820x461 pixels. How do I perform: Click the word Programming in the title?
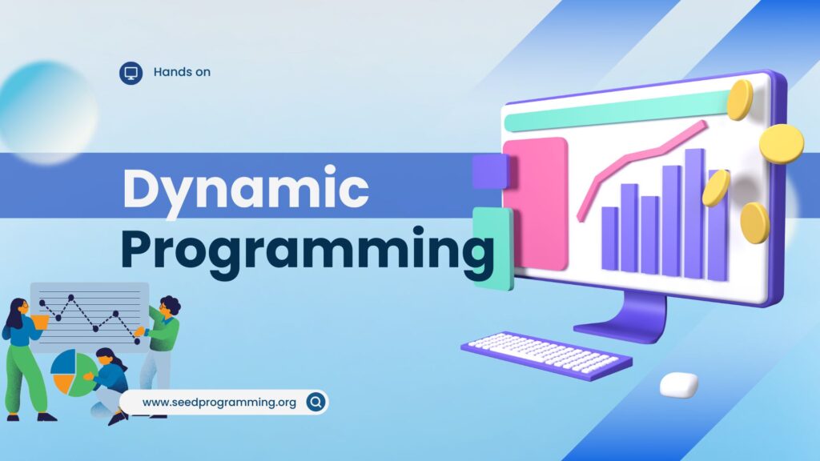pos(307,250)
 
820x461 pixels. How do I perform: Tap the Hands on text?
pos(182,72)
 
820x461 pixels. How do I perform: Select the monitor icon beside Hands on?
pos(131,73)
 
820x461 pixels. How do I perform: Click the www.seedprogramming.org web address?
pos(219,403)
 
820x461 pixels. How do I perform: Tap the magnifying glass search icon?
pos(316,402)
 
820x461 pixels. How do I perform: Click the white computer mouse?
pos(679,385)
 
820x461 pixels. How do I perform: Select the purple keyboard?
pos(546,355)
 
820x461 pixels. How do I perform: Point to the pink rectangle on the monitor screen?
pos(536,204)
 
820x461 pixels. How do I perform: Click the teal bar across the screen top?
pos(617,110)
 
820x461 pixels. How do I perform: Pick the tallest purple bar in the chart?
pos(695,214)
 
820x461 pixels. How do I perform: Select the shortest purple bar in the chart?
pos(609,239)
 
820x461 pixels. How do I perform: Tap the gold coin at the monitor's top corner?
pos(740,99)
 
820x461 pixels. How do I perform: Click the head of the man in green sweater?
pos(169,306)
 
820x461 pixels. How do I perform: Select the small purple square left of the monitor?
pos(490,171)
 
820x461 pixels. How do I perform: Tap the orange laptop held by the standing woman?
pos(40,322)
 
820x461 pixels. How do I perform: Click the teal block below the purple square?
pos(493,248)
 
